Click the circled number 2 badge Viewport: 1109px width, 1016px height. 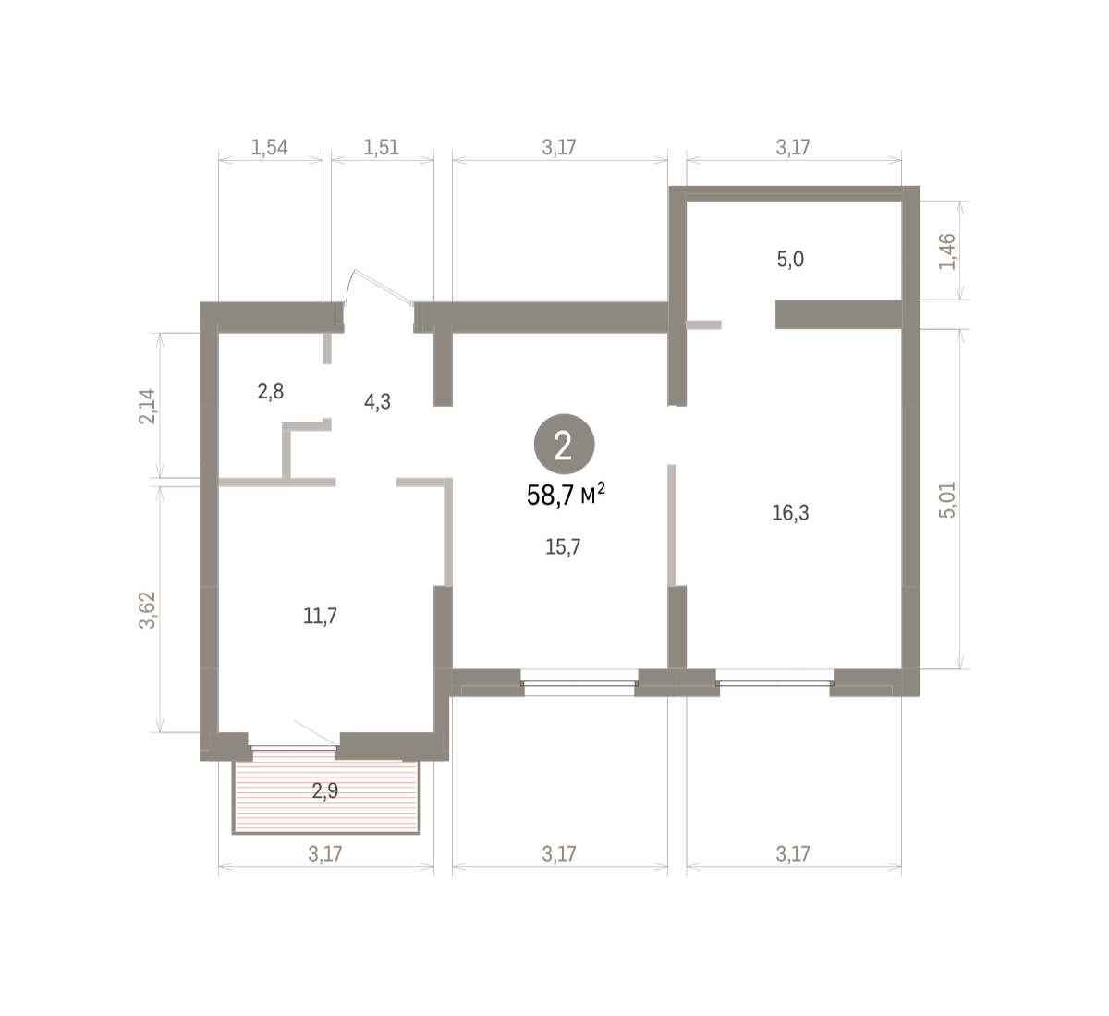pos(564,444)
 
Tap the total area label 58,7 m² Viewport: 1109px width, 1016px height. pos(566,495)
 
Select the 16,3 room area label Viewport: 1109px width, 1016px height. pos(790,513)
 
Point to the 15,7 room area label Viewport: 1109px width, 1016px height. pos(563,547)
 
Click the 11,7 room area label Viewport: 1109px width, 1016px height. pos(320,616)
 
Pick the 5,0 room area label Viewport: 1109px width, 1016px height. pos(790,259)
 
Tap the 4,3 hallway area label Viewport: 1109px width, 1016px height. pos(377,401)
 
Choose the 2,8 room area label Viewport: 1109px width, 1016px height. pos(271,391)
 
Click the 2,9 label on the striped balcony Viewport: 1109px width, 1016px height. pos(325,791)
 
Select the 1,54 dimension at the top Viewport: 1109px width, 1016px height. pos(269,147)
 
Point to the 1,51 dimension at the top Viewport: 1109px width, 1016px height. pos(381,147)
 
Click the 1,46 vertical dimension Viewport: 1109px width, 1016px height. pos(947,251)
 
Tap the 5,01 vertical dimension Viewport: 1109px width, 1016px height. pos(947,500)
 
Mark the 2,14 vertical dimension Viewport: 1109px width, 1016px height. pos(147,407)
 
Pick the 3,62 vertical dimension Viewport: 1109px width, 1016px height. pos(147,610)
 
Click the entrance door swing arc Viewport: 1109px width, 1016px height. pos(348,285)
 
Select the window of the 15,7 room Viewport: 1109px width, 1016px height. pos(579,683)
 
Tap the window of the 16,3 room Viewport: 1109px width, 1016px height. pos(774,683)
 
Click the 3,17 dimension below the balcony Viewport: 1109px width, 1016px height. pos(325,854)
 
